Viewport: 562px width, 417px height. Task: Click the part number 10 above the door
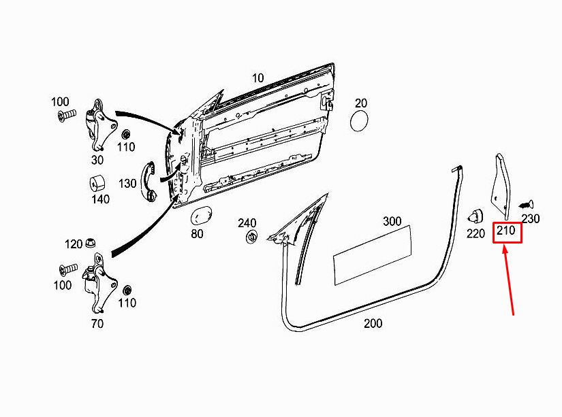pyautogui.click(x=257, y=78)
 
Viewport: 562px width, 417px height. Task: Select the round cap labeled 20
pyautogui.click(x=359, y=121)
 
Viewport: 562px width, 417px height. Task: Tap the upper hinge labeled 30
pyautogui.click(x=101, y=125)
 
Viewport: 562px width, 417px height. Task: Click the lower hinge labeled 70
pyautogui.click(x=99, y=284)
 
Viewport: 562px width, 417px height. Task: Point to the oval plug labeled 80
pyautogui.click(x=202, y=217)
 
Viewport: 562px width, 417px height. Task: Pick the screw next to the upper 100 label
pyautogui.click(x=67, y=115)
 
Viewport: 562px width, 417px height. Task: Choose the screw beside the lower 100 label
pyautogui.click(x=68, y=269)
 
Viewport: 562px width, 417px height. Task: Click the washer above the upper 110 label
pyautogui.click(x=126, y=135)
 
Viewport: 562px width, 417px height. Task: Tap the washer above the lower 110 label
pyautogui.click(x=127, y=290)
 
